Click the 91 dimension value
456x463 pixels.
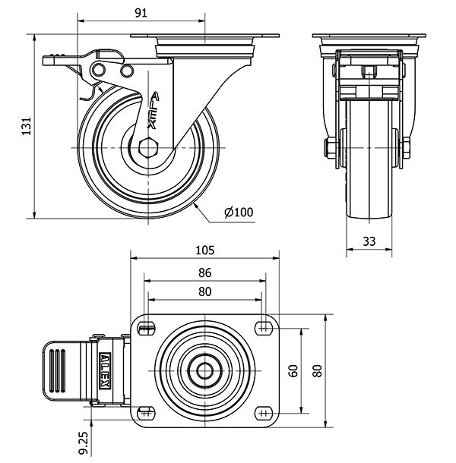(141, 12)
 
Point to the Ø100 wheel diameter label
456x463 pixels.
(238, 212)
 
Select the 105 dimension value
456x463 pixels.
(205, 250)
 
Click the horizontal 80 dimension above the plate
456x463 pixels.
(204, 291)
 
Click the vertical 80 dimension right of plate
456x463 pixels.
(318, 370)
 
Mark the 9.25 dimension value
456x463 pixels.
(82, 438)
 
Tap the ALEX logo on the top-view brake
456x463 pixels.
(105, 370)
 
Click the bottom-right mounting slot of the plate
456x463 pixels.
(264, 413)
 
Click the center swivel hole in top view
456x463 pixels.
(204, 370)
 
